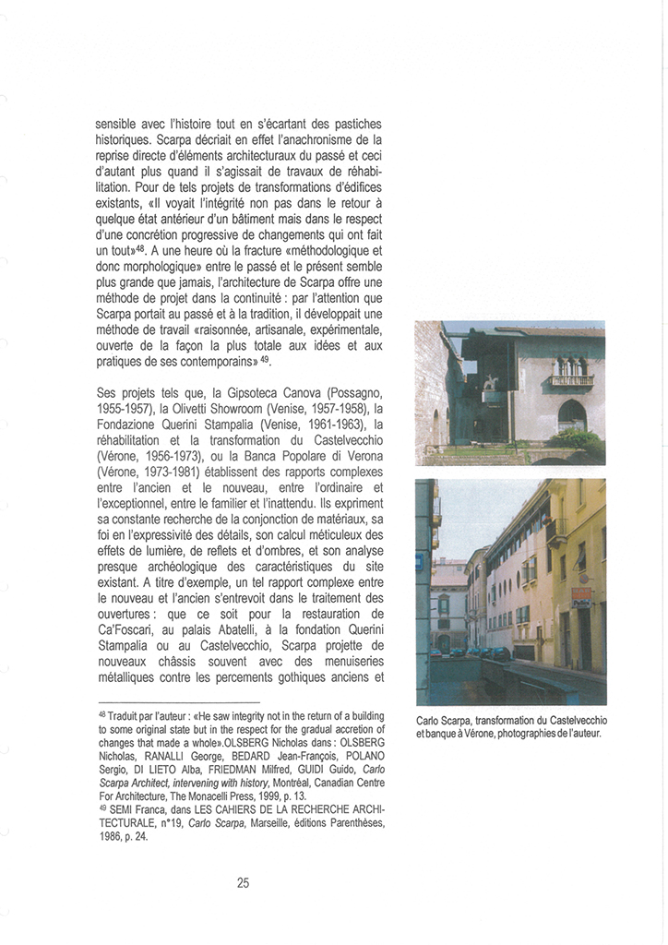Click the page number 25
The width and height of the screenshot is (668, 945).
tap(243, 882)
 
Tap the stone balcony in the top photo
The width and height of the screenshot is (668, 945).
tap(571, 377)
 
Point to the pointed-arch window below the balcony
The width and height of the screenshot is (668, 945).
tap(571, 414)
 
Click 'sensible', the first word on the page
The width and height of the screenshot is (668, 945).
tap(121, 123)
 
